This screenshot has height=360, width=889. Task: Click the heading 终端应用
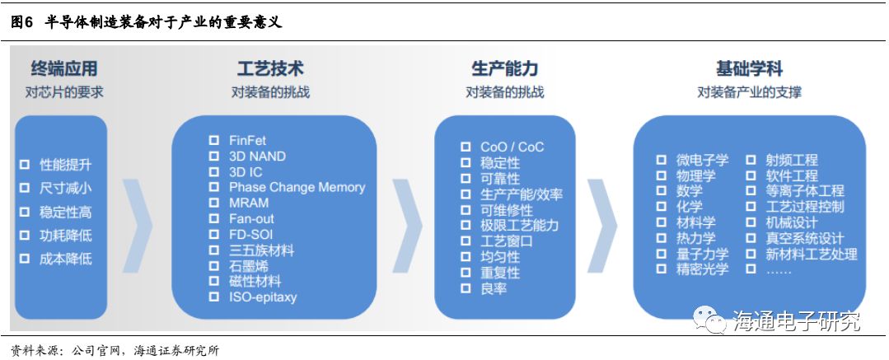click(x=63, y=68)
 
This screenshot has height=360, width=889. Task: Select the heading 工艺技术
click(x=270, y=68)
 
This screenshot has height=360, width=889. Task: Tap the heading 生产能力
click(x=504, y=68)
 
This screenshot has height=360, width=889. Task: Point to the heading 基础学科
click(x=749, y=68)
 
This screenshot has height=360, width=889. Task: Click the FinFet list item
click(x=247, y=141)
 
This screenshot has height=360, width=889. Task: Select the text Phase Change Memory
click(x=297, y=187)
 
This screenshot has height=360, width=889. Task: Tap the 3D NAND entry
click(x=257, y=157)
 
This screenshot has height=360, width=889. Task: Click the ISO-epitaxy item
click(x=262, y=297)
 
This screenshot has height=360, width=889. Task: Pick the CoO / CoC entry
click(x=512, y=147)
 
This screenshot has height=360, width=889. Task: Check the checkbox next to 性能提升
click(x=25, y=165)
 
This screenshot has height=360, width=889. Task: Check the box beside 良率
click(x=466, y=288)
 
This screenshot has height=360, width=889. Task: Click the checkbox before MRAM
click(x=214, y=203)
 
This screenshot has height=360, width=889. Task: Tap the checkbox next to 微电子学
click(x=661, y=160)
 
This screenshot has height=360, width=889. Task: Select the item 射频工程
click(x=792, y=160)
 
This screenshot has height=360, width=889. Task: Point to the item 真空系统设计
click(x=805, y=238)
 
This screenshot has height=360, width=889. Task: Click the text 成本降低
click(x=66, y=259)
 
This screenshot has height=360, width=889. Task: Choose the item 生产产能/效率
click(x=522, y=194)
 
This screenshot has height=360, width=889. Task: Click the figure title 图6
click(x=21, y=22)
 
